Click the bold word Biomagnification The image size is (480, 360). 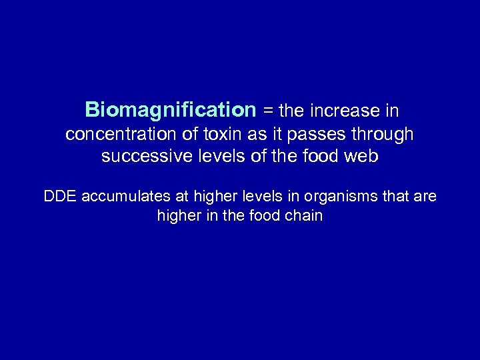tap(170, 109)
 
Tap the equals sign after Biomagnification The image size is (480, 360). tap(267, 109)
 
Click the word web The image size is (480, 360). tap(361, 157)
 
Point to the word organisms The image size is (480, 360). tap(348, 197)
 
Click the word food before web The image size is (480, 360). tap(321, 157)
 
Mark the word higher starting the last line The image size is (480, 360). tap(178, 217)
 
